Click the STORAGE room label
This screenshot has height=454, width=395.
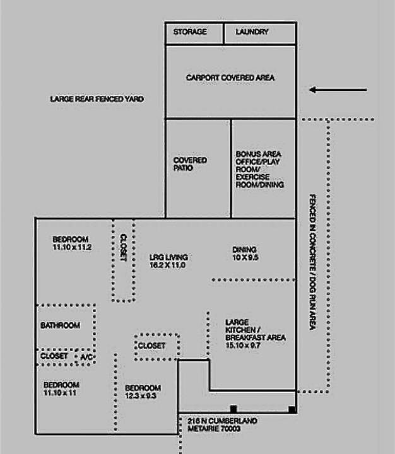[x=190, y=32]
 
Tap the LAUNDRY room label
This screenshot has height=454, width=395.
[x=252, y=32]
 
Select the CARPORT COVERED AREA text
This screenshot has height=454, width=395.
[x=230, y=78]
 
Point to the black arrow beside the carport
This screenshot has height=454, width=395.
[x=338, y=90]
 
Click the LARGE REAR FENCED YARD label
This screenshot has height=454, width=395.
[x=97, y=99]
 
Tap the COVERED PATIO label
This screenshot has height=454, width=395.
[x=190, y=165]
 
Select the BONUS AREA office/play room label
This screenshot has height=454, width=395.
[x=259, y=169]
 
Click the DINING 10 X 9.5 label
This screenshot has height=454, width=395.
[x=245, y=253]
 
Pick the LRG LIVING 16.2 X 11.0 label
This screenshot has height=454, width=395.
[x=169, y=262]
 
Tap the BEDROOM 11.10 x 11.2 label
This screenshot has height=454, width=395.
[x=72, y=243]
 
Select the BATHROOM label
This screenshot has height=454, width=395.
[x=60, y=325]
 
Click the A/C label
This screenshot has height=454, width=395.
[x=85, y=358]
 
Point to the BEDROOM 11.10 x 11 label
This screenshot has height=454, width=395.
[x=61, y=388]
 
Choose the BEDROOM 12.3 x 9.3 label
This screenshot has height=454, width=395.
[x=143, y=392]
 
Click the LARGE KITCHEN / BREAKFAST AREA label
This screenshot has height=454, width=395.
[x=255, y=334]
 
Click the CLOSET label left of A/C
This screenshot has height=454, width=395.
[x=54, y=356]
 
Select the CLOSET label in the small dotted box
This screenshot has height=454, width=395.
[x=151, y=346]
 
